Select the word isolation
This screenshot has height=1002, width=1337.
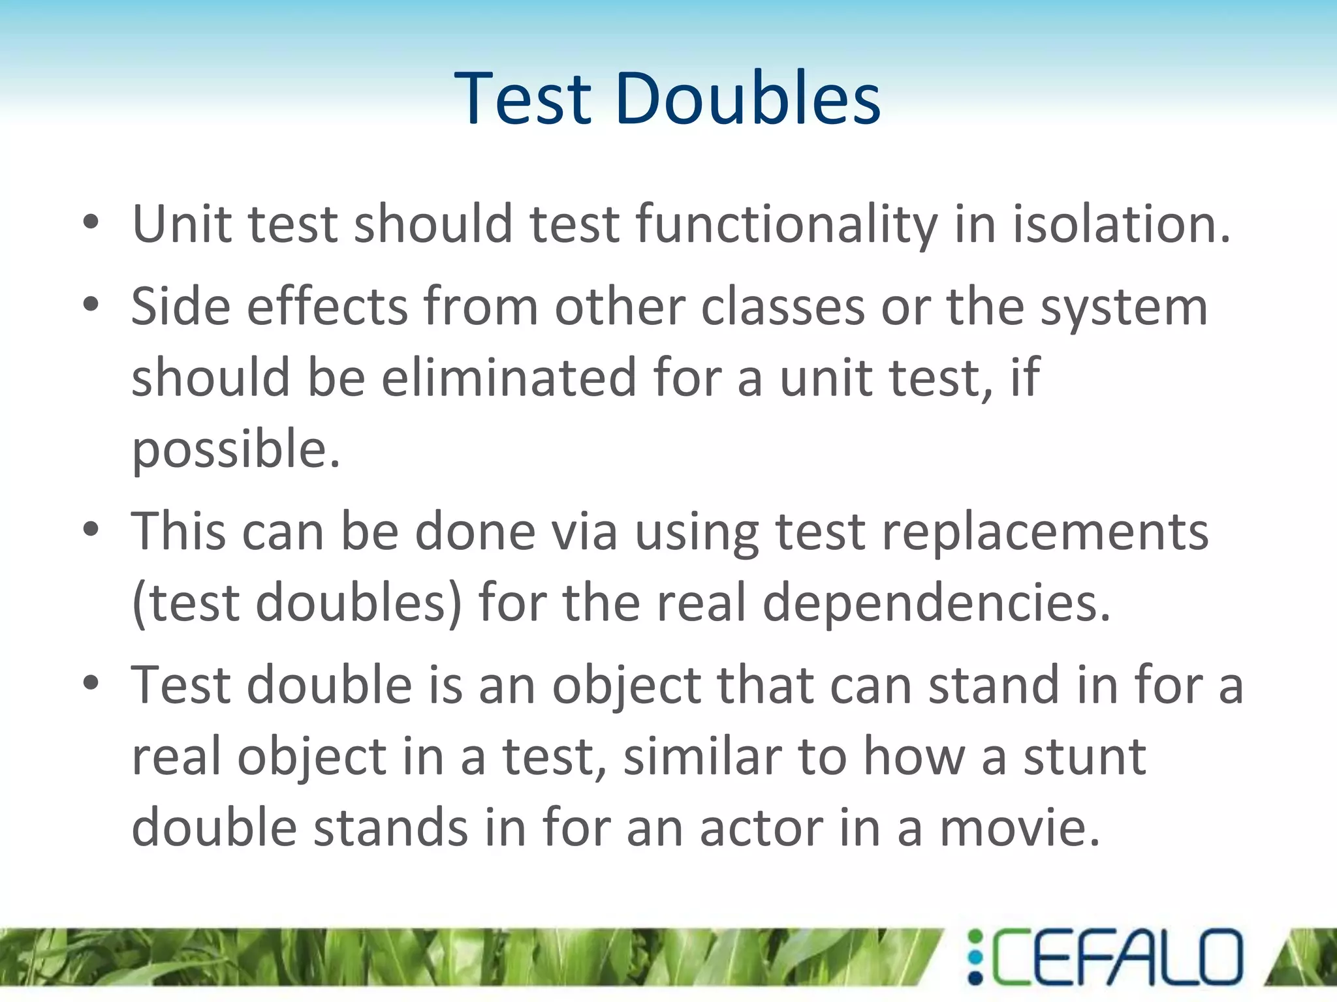[x=1120, y=224]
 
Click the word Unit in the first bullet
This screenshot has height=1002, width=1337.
[x=181, y=224]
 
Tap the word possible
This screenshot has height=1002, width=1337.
[x=235, y=450]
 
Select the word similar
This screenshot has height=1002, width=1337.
[x=702, y=757]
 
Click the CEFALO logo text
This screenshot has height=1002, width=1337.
[x=1116, y=957]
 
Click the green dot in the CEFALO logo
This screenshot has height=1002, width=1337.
[x=975, y=937]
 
